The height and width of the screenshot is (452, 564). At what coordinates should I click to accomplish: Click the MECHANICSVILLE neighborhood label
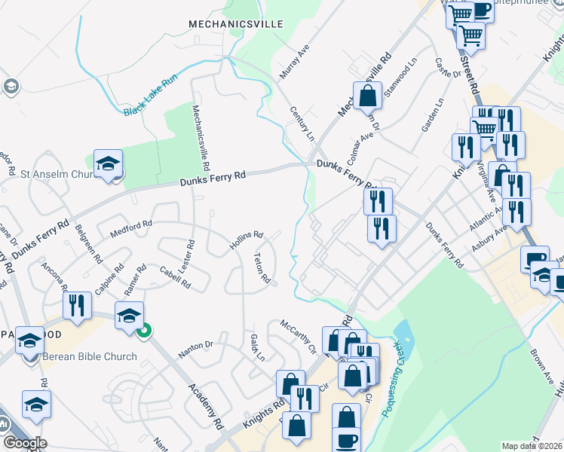(x=236, y=24)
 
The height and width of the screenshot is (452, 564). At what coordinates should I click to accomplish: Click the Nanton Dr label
(x=196, y=349)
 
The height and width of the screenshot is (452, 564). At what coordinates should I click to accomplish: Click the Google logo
(x=24, y=443)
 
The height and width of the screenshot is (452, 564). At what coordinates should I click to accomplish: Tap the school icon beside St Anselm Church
(x=108, y=164)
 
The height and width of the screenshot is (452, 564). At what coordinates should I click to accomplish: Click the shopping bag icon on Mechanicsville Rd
(x=367, y=97)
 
